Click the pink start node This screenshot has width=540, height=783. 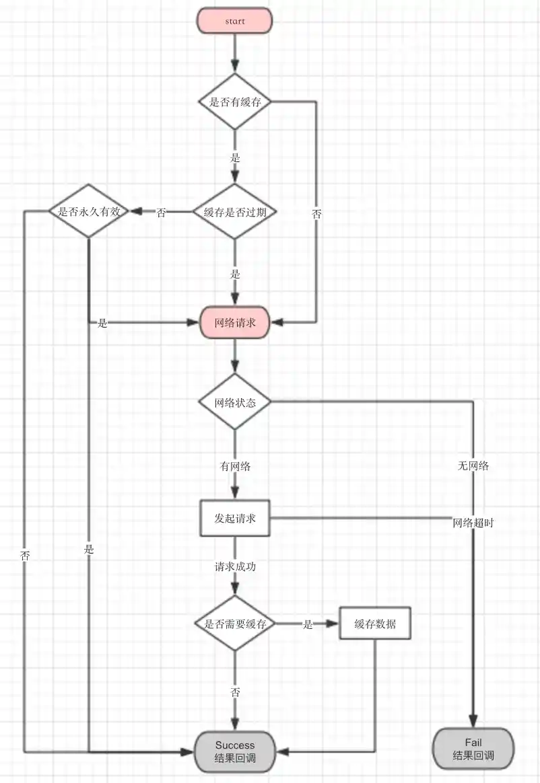[x=235, y=21]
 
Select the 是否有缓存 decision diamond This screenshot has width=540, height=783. [x=235, y=102]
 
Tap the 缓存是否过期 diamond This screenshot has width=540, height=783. [x=235, y=212]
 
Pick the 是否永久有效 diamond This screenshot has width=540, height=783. [x=89, y=211]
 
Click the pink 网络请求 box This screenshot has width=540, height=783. [x=235, y=323]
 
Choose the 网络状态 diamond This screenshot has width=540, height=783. [x=235, y=403]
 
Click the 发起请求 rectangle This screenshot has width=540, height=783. [x=235, y=519]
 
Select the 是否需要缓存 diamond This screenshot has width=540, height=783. [x=235, y=624]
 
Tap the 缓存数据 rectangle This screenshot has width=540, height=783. [x=374, y=624]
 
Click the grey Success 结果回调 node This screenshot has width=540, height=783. [x=235, y=752]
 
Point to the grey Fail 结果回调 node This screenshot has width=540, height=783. [x=473, y=749]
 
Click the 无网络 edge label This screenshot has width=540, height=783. [x=473, y=465]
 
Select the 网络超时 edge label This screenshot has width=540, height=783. [x=473, y=522]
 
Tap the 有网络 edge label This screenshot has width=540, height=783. [x=235, y=465]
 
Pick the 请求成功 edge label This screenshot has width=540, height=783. [x=235, y=566]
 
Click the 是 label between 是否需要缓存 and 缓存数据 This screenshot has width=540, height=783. [x=308, y=624]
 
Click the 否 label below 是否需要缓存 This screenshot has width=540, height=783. [x=235, y=692]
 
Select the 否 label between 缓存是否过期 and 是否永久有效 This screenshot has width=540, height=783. [x=162, y=213]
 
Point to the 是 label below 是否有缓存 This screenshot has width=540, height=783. [x=235, y=159]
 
